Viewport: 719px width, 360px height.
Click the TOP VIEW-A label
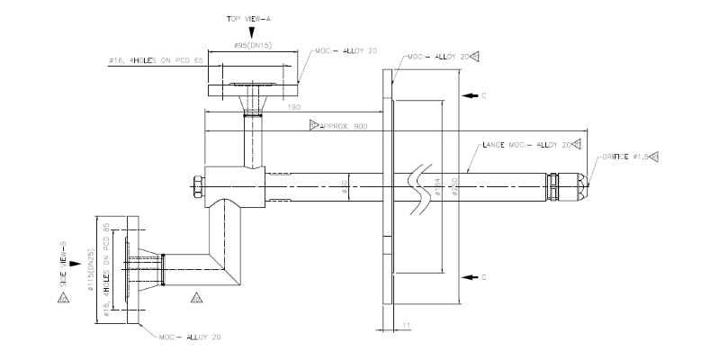tap(253, 18)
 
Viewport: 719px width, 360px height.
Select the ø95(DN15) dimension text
tap(253, 45)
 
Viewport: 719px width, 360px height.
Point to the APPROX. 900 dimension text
tap(342, 125)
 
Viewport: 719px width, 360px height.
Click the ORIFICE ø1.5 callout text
tap(625, 157)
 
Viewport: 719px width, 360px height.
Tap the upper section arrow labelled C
tap(466, 94)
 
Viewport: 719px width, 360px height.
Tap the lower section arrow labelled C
tap(466, 276)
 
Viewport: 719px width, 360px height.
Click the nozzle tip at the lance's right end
tap(587, 186)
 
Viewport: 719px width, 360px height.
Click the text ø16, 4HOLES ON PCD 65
tap(157, 59)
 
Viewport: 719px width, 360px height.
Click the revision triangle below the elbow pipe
tap(195, 295)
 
